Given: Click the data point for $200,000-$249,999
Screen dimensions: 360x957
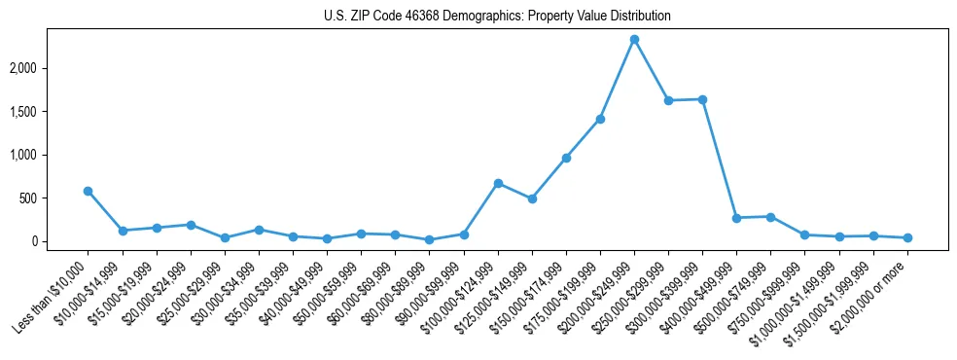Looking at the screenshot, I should [x=634, y=39].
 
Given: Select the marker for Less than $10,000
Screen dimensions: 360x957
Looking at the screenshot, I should [x=88, y=191].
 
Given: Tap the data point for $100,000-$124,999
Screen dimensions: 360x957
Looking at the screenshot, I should [x=498, y=183].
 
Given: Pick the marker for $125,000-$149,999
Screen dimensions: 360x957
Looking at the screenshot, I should [x=532, y=198].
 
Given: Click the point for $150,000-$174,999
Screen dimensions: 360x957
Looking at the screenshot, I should [x=566, y=158].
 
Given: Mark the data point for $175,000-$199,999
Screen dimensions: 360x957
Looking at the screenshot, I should [x=600, y=119].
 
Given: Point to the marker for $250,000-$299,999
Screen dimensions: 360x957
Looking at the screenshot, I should [x=668, y=100].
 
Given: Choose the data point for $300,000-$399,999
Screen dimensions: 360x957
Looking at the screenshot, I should [x=702, y=99].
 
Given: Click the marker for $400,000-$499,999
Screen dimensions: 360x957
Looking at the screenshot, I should [x=736, y=218].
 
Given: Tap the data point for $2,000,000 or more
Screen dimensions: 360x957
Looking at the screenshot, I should [x=907, y=237].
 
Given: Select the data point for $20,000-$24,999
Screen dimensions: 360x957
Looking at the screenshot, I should [x=191, y=225].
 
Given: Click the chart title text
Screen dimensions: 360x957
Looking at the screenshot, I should [x=497, y=17].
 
